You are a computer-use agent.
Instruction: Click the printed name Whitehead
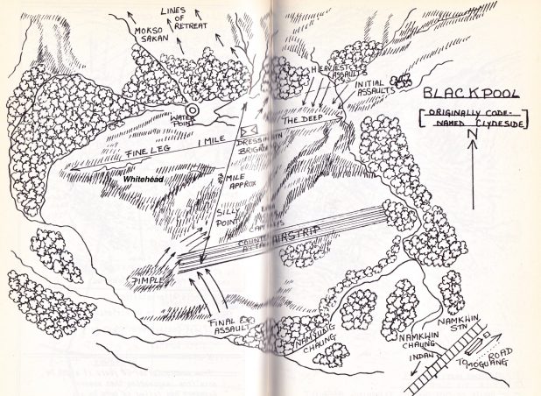[144, 178]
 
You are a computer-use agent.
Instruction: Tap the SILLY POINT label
[228, 219]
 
